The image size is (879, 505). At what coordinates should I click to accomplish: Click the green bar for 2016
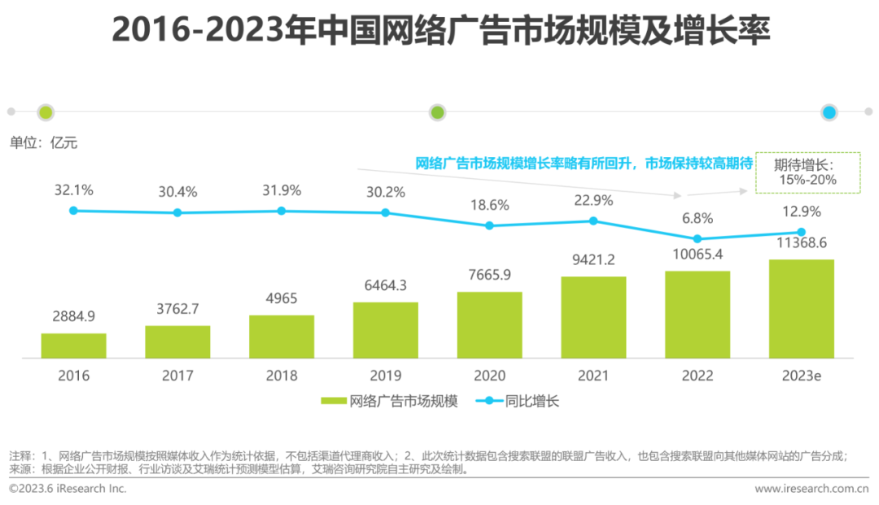74,346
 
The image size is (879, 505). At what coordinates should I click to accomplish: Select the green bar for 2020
489,324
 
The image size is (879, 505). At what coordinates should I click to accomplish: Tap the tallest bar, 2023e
801,309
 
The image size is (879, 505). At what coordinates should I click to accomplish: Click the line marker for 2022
698,238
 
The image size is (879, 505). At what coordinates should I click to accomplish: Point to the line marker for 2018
282,211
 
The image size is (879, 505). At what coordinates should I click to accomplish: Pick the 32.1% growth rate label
74,190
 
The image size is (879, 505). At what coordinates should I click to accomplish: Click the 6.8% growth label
698,218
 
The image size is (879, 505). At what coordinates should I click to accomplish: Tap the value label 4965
282,298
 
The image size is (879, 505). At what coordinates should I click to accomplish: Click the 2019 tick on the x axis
386,376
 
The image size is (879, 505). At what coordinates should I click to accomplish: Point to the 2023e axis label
801,376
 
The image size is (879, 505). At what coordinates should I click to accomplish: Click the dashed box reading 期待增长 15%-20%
807,172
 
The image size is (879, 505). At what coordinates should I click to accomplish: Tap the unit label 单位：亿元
43,142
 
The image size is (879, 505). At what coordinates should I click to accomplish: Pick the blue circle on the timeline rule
829,113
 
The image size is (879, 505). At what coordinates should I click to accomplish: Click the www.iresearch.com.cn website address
811,489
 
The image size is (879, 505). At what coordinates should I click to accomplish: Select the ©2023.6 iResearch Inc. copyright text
68,489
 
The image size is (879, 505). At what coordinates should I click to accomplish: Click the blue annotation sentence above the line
584,163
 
